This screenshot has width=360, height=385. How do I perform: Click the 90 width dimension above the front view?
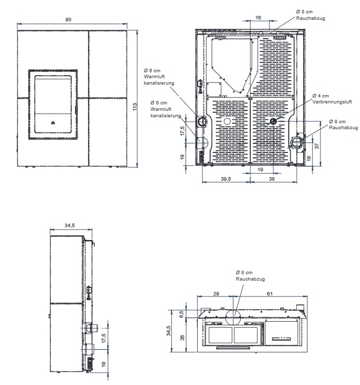(68, 20)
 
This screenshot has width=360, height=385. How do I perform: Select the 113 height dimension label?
(135, 107)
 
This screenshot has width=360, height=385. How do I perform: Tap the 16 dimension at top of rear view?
(258, 18)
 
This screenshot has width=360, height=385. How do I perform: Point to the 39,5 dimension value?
(226, 179)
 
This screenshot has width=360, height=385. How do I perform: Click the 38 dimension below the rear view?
(271, 179)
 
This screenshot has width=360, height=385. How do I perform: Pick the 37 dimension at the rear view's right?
(317, 146)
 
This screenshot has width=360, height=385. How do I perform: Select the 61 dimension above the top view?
(270, 293)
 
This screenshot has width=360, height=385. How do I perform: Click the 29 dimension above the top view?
(216, 293)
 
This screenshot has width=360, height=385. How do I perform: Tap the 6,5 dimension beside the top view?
(181, 314)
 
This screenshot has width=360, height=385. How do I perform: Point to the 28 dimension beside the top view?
(182, 338)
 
